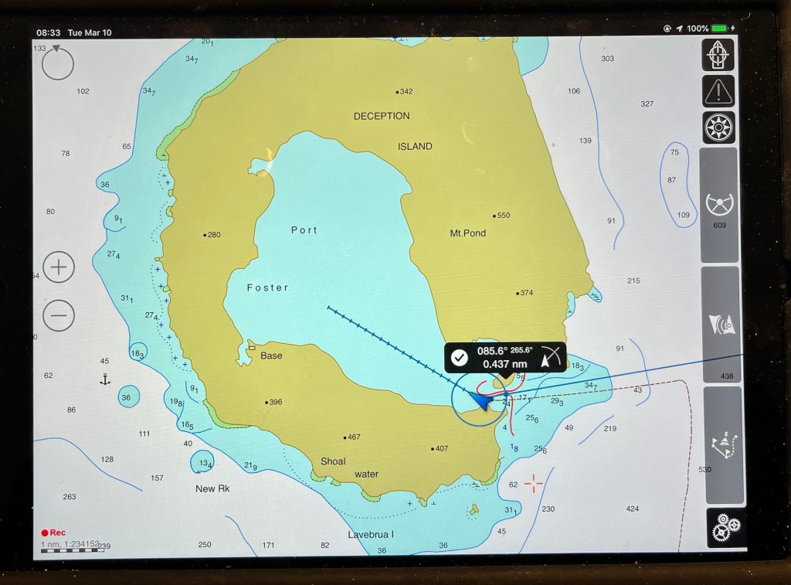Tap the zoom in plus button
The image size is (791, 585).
click(59, 268)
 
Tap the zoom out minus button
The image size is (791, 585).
click(59, 315)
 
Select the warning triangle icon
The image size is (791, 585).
click(719, 92)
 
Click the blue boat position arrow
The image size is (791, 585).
click(480, 400)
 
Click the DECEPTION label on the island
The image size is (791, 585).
click(382, 116)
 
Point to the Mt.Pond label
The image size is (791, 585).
click(468, 233)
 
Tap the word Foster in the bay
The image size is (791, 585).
click(267, 287)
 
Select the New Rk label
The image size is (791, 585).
click(212, 488)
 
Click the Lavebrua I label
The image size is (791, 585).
click(371, 534)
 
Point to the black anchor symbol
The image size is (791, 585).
click(105, 379)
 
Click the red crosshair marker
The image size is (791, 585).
click(533, 484)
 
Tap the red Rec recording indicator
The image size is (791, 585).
click(54, 532)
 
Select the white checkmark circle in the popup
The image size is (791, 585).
click(460, 357)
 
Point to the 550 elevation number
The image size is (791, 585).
click(504, 216)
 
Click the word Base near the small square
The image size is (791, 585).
click(271, 355)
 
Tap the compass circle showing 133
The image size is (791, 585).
click(57, 63)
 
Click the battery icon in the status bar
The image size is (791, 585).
click(720, 29)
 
